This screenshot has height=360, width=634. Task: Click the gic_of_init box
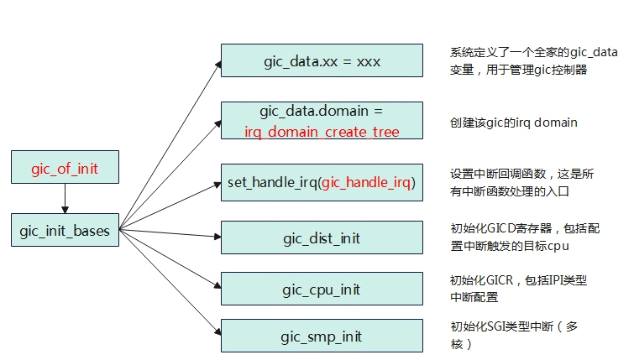(65, 167)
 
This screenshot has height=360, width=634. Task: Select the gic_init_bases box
(65, 230)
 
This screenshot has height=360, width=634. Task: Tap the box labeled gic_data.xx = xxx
(322, 60)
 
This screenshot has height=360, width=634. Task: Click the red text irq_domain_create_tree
(322, 132)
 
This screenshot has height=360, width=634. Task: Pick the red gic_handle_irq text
(366, 183)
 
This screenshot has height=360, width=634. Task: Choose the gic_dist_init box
(322, 237)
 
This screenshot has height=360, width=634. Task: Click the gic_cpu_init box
(322, 289)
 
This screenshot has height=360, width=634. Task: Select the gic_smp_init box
(322, 336)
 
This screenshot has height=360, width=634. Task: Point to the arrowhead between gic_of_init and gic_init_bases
(65, 210)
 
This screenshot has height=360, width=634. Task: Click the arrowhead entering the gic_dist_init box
(217, 237)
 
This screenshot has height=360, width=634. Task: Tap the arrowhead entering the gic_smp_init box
(217, 331)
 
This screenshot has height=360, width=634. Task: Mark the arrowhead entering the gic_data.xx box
(218, 65)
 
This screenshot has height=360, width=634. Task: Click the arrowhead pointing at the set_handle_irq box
(217, 185)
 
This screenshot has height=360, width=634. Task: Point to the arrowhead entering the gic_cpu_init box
(217, 285)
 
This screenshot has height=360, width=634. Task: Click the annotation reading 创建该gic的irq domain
(514, 123)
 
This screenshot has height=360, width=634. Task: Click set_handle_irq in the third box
(272, 183)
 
